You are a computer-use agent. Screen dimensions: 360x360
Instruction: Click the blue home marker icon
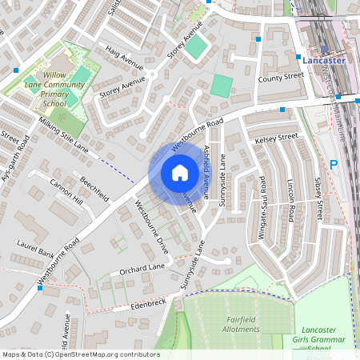point(179,173)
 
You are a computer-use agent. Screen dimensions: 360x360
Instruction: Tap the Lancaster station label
point(324,60)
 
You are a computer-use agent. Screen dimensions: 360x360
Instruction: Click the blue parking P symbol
point(334,165)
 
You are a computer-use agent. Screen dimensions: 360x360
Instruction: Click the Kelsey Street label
point(276,138)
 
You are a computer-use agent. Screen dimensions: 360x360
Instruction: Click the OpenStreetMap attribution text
point(81,354)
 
